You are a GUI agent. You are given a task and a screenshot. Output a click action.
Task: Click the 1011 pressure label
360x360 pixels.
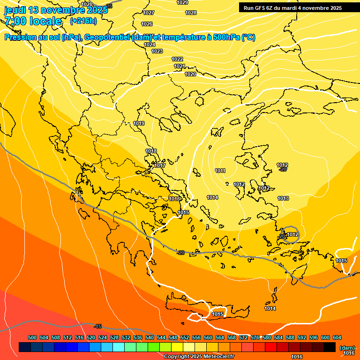(x=220, y=171)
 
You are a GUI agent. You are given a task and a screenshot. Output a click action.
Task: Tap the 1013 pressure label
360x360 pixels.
(x=283, y=199)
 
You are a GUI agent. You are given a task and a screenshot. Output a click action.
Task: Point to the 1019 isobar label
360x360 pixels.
(x=139, y=123)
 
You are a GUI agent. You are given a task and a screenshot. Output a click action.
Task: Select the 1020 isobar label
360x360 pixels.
(x=190, y=74)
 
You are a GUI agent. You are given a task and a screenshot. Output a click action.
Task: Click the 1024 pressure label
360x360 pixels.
(x=150, y=45)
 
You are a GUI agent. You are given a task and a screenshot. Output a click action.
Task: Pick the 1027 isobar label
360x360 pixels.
(x=149, y=13)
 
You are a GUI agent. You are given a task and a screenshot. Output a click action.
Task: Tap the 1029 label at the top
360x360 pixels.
(x=182, y=2)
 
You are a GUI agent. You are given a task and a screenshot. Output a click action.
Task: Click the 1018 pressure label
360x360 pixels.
(x=151, y=151)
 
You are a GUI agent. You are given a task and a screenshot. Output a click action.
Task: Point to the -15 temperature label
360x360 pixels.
(x=97, y=326)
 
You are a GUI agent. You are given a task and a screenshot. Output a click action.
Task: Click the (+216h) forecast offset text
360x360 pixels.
(x=83, y=21)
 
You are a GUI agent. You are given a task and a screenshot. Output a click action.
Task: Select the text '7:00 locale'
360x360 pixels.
(x=33, y=21)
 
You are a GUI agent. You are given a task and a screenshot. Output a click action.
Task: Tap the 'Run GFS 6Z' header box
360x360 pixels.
(x=292, y=8)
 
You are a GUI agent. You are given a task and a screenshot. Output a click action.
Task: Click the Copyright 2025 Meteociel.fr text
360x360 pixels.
(x=199, y=356)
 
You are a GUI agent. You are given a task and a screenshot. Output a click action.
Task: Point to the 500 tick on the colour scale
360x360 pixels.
(x=32, y=337)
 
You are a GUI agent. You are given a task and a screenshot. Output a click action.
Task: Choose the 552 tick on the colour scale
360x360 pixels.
(x=185, y=337)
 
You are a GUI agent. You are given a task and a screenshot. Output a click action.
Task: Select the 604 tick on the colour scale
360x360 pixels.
(x=337, y=337)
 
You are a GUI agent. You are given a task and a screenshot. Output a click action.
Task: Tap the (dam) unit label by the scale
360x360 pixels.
(x=347, y=348)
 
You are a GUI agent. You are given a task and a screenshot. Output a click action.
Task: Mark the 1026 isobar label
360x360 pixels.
(x=147, y=24)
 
